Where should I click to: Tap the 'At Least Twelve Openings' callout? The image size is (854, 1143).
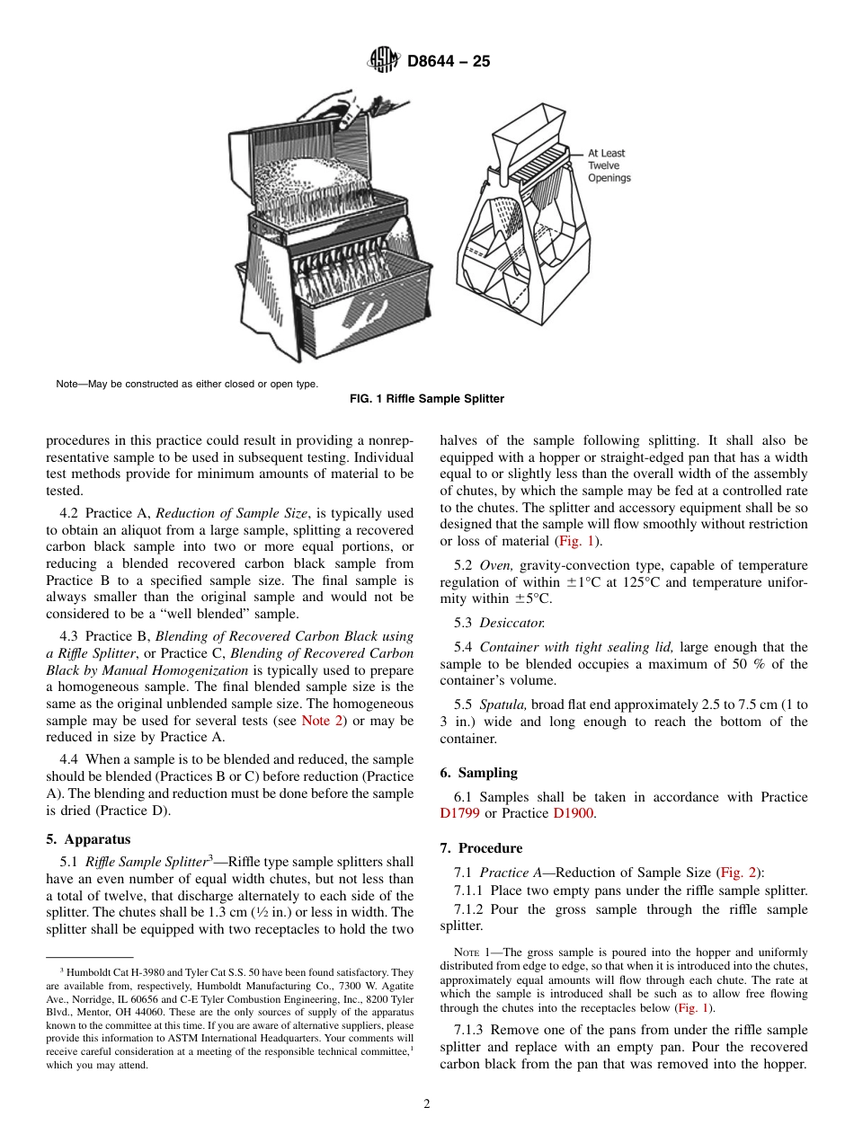click(x=609, y=165)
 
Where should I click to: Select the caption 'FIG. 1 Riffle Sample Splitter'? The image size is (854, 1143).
click(x=427, y=398)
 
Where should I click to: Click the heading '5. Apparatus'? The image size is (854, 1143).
click(x=88, y=839)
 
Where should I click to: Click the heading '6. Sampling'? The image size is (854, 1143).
click(x=478, y=773)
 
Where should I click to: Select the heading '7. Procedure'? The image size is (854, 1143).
click(x=481, y=848)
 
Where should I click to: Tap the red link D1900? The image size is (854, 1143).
click(x=573, y=813)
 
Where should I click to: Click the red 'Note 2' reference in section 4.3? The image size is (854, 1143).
click(x=316, y=721)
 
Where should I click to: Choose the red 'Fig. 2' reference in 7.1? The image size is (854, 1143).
click(x=740, y=872)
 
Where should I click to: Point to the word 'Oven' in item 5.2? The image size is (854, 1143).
click(x=496, y=565)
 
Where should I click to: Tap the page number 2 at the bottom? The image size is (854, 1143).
click(x=427, y=1104)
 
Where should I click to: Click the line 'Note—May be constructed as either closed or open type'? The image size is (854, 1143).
click(x=186, y=384)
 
